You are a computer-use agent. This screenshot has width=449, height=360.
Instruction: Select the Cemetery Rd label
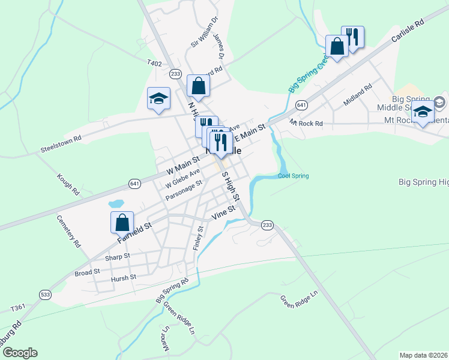(68, 232)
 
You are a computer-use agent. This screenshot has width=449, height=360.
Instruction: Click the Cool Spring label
(293, 176)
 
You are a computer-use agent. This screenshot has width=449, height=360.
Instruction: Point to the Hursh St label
(124, 278)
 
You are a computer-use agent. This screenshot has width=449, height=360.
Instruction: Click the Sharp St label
(117, 256)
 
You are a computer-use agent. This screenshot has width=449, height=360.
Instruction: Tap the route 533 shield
(45, 294)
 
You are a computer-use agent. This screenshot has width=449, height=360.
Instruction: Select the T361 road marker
(18, 308)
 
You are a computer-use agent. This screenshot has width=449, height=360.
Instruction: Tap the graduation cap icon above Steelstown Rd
(158, 99)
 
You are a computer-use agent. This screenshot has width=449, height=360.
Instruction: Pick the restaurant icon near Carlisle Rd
(352, 37)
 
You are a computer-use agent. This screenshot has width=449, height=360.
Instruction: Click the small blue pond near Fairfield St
(116, 204)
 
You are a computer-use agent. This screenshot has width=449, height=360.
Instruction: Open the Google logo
(19, 353)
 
